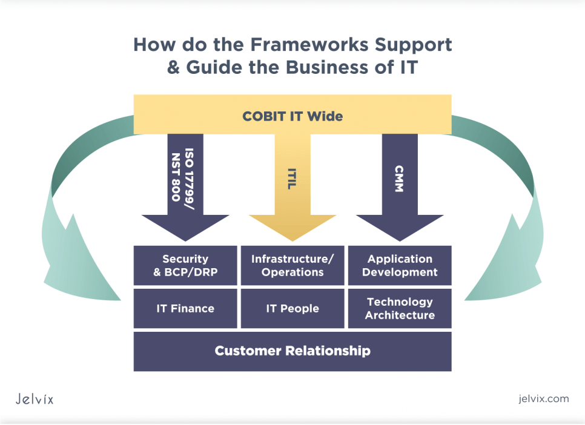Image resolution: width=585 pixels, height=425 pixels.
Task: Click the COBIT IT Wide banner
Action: [x=292, y=115]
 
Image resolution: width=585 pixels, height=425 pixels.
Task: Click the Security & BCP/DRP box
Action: [x=185, y=265]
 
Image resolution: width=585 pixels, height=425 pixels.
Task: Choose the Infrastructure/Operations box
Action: [x=292, y=265]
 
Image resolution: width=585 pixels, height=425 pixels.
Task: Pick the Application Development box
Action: [x=400, y=265]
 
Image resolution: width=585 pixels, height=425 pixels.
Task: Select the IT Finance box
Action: [x=185, y=308]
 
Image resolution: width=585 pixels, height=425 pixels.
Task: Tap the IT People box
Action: [x=292, y=308]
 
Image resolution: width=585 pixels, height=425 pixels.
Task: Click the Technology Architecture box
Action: [x=400, y=308]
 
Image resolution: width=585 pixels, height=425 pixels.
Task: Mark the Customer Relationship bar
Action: [x=292, y=351]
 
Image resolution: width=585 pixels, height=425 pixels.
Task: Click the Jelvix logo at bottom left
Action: [x=35, y=399]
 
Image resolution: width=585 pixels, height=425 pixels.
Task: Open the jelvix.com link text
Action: [x=544, y=398]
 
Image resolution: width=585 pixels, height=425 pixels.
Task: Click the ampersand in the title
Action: [x=174, y=67]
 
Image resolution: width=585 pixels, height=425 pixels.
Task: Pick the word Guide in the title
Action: [x=213, y=67]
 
